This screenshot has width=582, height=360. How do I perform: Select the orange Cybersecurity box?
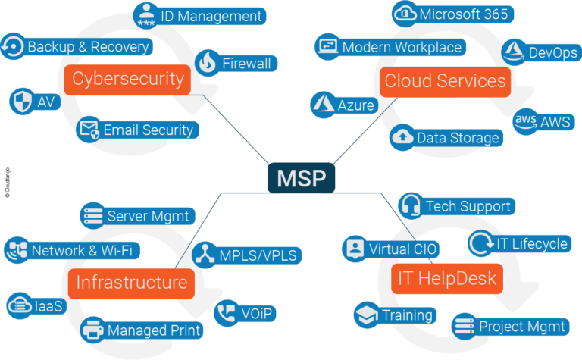pyautogui.click(x=127, y=78)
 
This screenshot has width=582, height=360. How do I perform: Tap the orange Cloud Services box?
pyautogui.click(x=444, y=81)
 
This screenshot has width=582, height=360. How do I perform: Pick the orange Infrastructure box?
pyautogui.click(x=131, y=283)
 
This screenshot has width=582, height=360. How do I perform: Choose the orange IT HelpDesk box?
pyautogui.click(x=447, y=278)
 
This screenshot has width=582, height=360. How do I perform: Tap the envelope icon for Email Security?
pyautogui.click(x=89, y=130)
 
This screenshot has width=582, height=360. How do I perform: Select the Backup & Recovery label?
pyautogui.click(x=88, y=47)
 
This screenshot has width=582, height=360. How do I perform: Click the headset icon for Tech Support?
pyautogui.click(x=410, y=205)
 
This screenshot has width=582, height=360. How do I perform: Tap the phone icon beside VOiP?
pyautogui.click(x=226, y=313)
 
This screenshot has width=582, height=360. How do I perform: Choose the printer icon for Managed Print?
pyautogui.click(x=92, y=330)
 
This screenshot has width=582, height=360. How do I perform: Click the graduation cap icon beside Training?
pyautogui.click(x=366, y=315)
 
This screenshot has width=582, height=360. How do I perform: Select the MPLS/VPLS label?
pyautogui.click(x=258, y=254)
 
